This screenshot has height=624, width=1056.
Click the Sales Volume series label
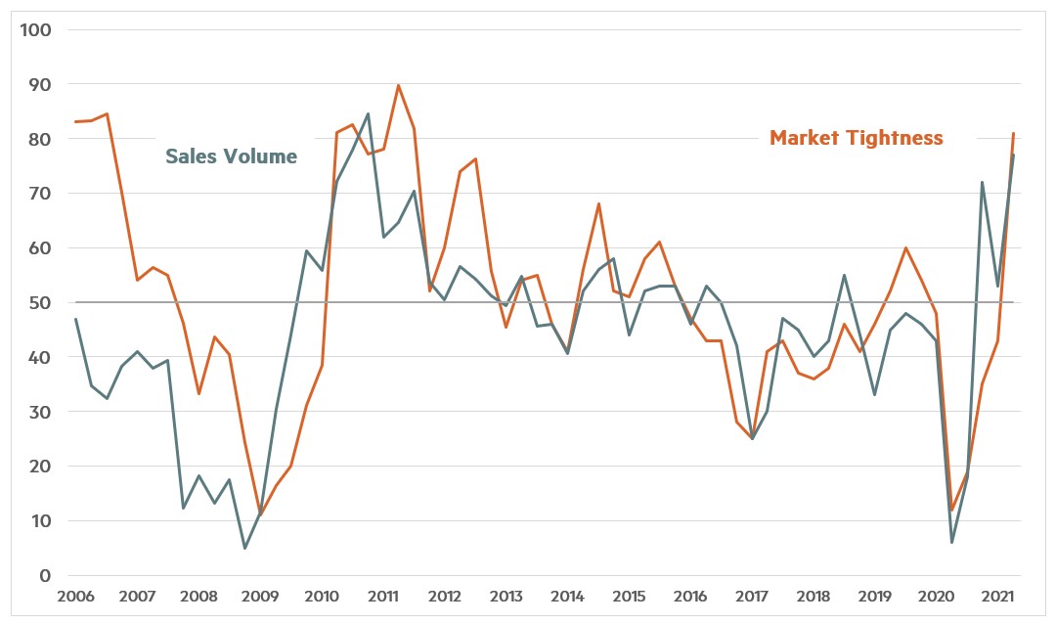pos(231,156)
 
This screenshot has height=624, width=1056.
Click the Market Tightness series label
pos(856,138)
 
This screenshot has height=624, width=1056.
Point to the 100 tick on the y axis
pos(36,29)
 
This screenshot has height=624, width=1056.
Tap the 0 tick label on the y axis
pos(46,576)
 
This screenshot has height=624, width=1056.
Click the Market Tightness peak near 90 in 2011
pos(398,85)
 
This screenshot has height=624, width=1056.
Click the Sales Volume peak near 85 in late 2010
pos(368,113)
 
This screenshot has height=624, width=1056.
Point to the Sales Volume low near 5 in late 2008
pos(244,548)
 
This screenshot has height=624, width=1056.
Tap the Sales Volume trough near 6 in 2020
pos(951,542)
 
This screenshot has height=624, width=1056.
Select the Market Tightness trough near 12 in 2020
pos(951,510)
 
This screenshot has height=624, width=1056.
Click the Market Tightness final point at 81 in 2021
pos(1013,133)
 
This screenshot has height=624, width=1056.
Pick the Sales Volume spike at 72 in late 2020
pos(982,182)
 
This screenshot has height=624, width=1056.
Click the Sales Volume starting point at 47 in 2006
pos(75,319)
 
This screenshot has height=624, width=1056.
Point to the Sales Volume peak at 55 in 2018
pos(844,275)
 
